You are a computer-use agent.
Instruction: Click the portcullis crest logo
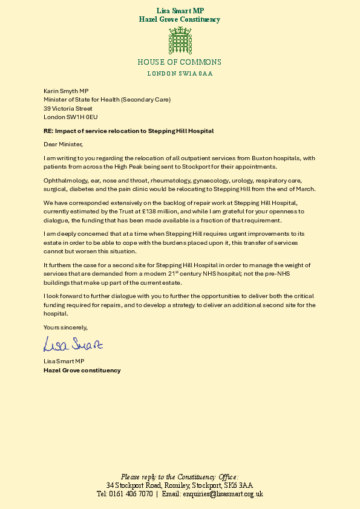pos(180,41)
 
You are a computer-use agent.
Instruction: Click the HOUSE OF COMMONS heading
pos(180,62)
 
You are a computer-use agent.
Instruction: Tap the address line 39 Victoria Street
pos(68,108)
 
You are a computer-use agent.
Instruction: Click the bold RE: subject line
pos(128,131)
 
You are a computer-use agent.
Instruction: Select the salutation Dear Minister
pos(62,144)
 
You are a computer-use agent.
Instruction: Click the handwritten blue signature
pos(73,345)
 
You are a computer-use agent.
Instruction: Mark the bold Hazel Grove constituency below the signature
pos(82,370)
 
